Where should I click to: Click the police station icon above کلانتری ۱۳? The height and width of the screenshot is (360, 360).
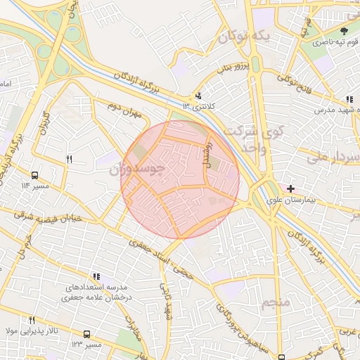pyautogui.click(x=199, y=96)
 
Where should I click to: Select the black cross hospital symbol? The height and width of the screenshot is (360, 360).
pyautogui.click(x=290, y=188)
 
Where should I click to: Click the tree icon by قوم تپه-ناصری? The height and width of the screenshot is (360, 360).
pyautogui.click(x=344, y=32)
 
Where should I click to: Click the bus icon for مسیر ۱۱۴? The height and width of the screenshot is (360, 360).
pyautogui.click(x=35, y=176)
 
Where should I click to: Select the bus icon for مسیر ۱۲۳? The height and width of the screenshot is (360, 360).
pyautogui.click(x=86, y=335)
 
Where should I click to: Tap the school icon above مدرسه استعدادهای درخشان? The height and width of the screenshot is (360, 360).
pyautogui.click(x=98, y=277)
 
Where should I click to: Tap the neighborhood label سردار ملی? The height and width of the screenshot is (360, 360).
pyautogui.click(x=334, y=157)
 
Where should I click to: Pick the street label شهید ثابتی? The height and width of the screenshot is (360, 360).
pyautogui.click(x=167, y=298)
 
